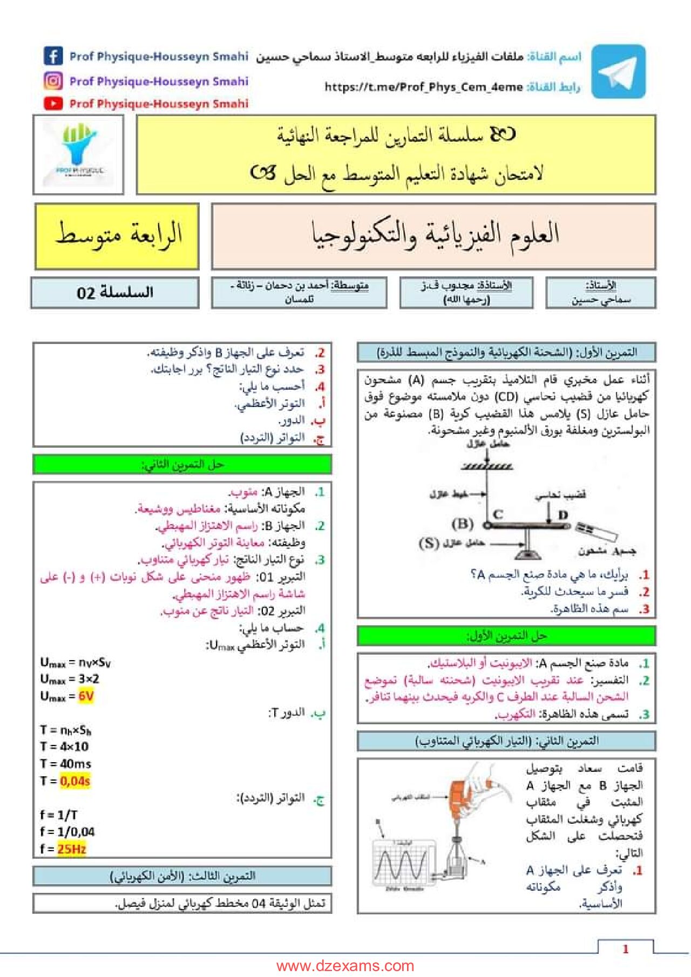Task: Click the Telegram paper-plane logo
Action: pos(618,71)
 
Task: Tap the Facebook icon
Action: pos(53,56)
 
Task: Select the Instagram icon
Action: pos(53,81)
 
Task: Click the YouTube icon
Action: pos(53,103)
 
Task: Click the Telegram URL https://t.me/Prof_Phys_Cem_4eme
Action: pos(423,87)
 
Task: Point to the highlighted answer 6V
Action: pos(86,696)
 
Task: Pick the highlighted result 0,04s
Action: pos(75,781)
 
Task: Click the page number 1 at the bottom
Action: pos(625,948)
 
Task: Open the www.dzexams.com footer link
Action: pos(345,966)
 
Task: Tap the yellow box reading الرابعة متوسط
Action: pos(117,236)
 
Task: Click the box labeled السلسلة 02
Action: pos(115,293)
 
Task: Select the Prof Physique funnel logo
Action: pos(79,154)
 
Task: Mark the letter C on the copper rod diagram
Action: pos(498,514)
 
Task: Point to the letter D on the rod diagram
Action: pos(563,515)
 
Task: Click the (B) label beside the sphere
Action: pos(463,524)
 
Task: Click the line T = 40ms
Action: pos(65,763)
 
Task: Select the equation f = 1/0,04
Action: pos(67,832)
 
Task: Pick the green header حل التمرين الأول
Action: pos(506,636)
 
